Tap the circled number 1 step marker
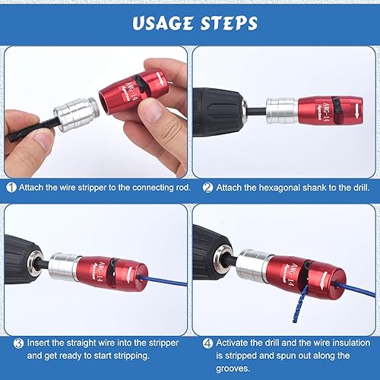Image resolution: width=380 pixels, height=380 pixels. tap(11, 187)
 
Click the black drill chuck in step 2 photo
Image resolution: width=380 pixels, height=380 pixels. tap(228, 109)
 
